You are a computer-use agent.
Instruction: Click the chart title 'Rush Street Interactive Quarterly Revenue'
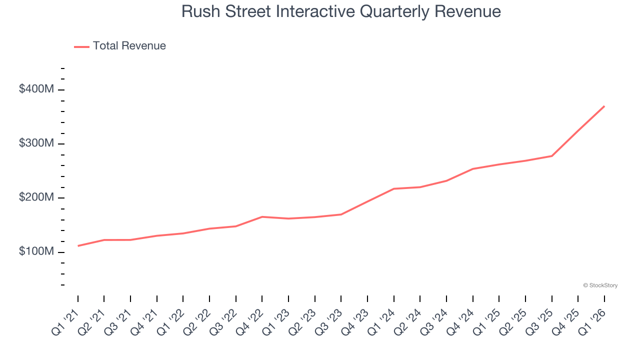coord(341,11)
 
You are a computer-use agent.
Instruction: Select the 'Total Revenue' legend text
coord(129,46)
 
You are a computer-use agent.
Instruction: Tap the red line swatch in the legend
coord(81,46)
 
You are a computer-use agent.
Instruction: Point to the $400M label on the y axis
coord(36,89)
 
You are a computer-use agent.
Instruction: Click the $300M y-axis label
coord(36,143)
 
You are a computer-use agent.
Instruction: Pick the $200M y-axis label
coord(36,197)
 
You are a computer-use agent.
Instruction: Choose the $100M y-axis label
coord(36,251)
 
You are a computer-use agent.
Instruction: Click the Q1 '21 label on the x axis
coord(66,321)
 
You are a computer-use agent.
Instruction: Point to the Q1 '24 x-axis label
coord(382,321)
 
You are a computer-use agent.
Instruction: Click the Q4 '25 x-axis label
coord(566,321)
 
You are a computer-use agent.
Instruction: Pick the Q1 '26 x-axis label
coord(592,321)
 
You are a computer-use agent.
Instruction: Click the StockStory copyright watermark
coord(600,285)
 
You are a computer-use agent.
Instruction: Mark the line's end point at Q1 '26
coord(604,106)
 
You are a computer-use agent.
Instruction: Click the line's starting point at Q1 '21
coord(78,246)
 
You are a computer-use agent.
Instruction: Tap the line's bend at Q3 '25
coord(551,156)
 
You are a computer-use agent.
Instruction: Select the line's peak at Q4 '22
coord(262,216)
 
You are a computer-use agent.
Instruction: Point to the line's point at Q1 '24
coord(393,188)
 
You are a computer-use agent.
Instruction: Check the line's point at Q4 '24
coord(472,169)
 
